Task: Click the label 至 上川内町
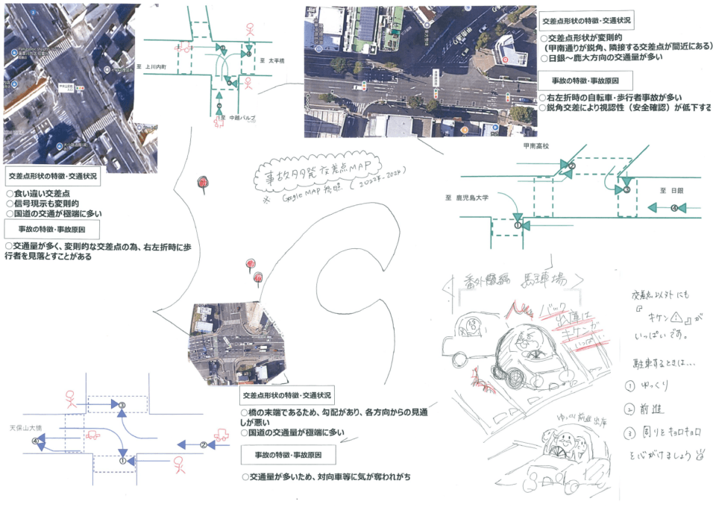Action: click(154, 66)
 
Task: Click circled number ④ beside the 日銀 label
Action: click(675, 208)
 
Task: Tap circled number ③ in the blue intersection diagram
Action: click(122, 406)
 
